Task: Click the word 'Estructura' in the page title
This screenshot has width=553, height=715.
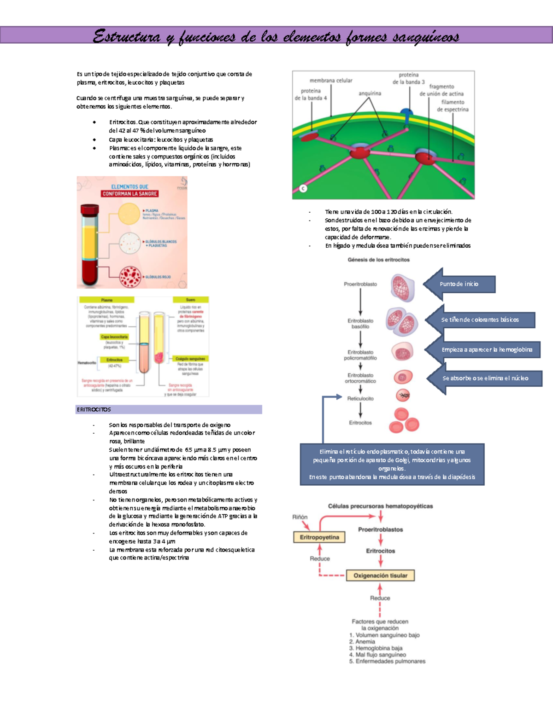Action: (x=126, y=36)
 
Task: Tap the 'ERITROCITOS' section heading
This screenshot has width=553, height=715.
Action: (x=94, y=409)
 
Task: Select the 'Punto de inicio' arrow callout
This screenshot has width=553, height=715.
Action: (x=460, y=284)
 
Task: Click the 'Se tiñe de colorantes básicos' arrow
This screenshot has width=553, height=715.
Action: (x=480, y=320)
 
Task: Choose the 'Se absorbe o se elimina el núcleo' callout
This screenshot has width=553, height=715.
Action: (x=485, y=378)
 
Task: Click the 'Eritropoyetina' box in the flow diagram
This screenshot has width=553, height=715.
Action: (x=319, y=537)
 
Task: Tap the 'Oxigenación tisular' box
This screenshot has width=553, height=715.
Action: (x=380, y=575)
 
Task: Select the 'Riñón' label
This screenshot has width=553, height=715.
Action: (x=300, y=517)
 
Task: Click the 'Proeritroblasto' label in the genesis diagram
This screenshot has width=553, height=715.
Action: (x=360, y=284)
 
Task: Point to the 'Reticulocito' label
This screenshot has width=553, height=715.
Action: (x=360, y=399)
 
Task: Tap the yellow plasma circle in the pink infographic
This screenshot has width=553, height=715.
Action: (x=129, y=214)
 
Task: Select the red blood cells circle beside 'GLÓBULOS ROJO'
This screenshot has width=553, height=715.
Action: (x=130, y=277)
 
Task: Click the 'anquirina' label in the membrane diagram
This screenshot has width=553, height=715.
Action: (x=370, y=93)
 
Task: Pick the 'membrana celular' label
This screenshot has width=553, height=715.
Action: (x=331, y=81)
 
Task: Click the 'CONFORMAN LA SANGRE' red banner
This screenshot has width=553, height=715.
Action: (x=129, y=194)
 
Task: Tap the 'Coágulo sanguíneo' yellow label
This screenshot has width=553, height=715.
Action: (x=190, y=359)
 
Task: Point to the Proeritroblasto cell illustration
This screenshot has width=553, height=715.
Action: (x=402, y=287)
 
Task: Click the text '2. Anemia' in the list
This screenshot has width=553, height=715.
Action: (x=362, y=641)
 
